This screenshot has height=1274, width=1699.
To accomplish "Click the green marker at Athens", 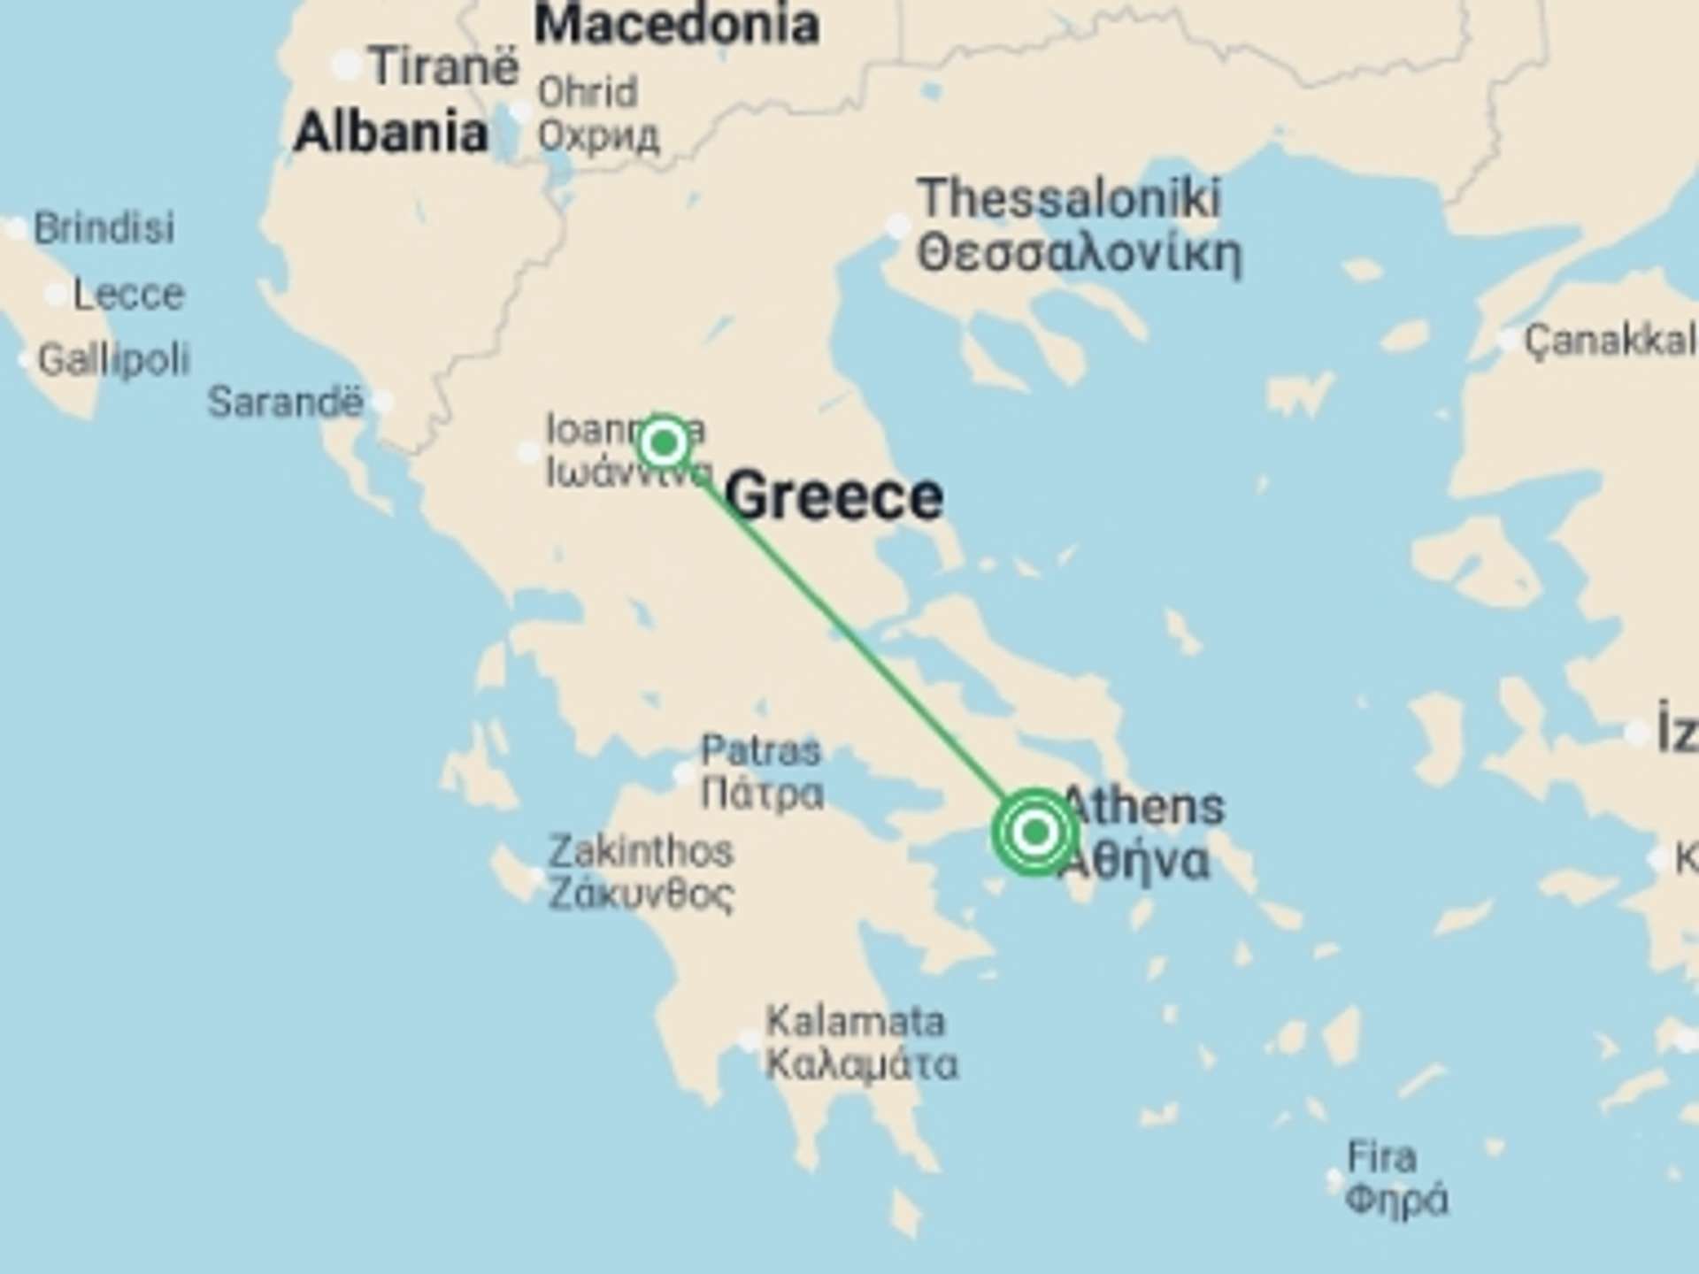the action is point(1034,832).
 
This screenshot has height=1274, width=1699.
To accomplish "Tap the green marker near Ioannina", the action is point(664,441).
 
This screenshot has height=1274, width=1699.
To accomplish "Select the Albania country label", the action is point(390,133).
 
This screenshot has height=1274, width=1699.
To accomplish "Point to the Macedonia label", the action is point(677,24).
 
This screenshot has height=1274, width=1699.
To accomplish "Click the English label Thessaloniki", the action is point(1069,197).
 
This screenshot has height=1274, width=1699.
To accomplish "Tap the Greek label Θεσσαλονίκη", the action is point(1079,255).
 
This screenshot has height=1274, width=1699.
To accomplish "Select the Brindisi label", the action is point(104,228).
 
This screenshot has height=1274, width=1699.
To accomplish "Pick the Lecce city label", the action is point(128,294).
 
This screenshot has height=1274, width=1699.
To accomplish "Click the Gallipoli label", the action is point(114,359).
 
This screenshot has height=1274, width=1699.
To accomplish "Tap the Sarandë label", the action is point(285,403).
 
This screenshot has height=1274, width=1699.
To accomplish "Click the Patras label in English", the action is point(761,751).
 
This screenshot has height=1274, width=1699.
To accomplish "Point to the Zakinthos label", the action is point(641,852).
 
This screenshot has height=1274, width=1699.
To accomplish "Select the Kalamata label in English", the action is point(855,1022).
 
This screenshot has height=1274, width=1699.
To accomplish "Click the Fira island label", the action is point(1381,1157).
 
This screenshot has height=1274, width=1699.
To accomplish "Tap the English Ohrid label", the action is point(588,92).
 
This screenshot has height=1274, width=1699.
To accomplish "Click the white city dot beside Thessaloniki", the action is point(897,225).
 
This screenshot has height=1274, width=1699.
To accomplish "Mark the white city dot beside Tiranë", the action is point(346,65).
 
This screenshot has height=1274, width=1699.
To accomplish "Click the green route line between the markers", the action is point(849,637).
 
